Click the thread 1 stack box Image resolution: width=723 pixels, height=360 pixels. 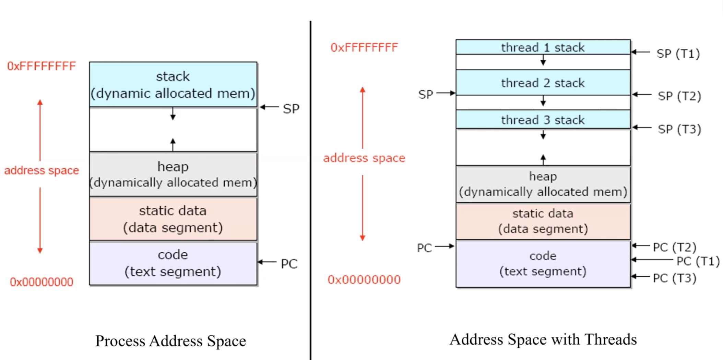(543, 47)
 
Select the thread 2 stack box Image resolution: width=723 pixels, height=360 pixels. (543, 83)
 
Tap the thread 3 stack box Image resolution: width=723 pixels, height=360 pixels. (543, 120)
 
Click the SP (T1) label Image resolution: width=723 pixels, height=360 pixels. (678, 54)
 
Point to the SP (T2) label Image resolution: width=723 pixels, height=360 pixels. (679, 96)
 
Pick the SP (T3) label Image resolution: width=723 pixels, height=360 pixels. (679, 129)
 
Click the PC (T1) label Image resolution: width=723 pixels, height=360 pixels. (698, 261)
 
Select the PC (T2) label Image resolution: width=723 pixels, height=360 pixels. (674, 247)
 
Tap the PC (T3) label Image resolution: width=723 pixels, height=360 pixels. (674, 278)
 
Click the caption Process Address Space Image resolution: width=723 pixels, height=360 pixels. (170, 341)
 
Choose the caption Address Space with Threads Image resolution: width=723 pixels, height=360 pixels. (543, 339)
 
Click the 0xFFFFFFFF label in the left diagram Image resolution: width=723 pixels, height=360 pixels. (41, 66)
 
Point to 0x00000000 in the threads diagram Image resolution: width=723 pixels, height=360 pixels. (364, 280)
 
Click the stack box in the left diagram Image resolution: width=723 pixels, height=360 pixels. (173, 84)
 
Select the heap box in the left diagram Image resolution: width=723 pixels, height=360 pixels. (173, 174)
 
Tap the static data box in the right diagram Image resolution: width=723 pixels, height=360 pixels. (543, 221)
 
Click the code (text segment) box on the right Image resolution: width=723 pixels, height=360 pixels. (543, 263)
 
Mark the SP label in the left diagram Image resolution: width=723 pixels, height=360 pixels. (291, 109)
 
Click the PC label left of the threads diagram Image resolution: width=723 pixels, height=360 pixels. (424, 248)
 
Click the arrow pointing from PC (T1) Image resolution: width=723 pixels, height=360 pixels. (652, 260)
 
